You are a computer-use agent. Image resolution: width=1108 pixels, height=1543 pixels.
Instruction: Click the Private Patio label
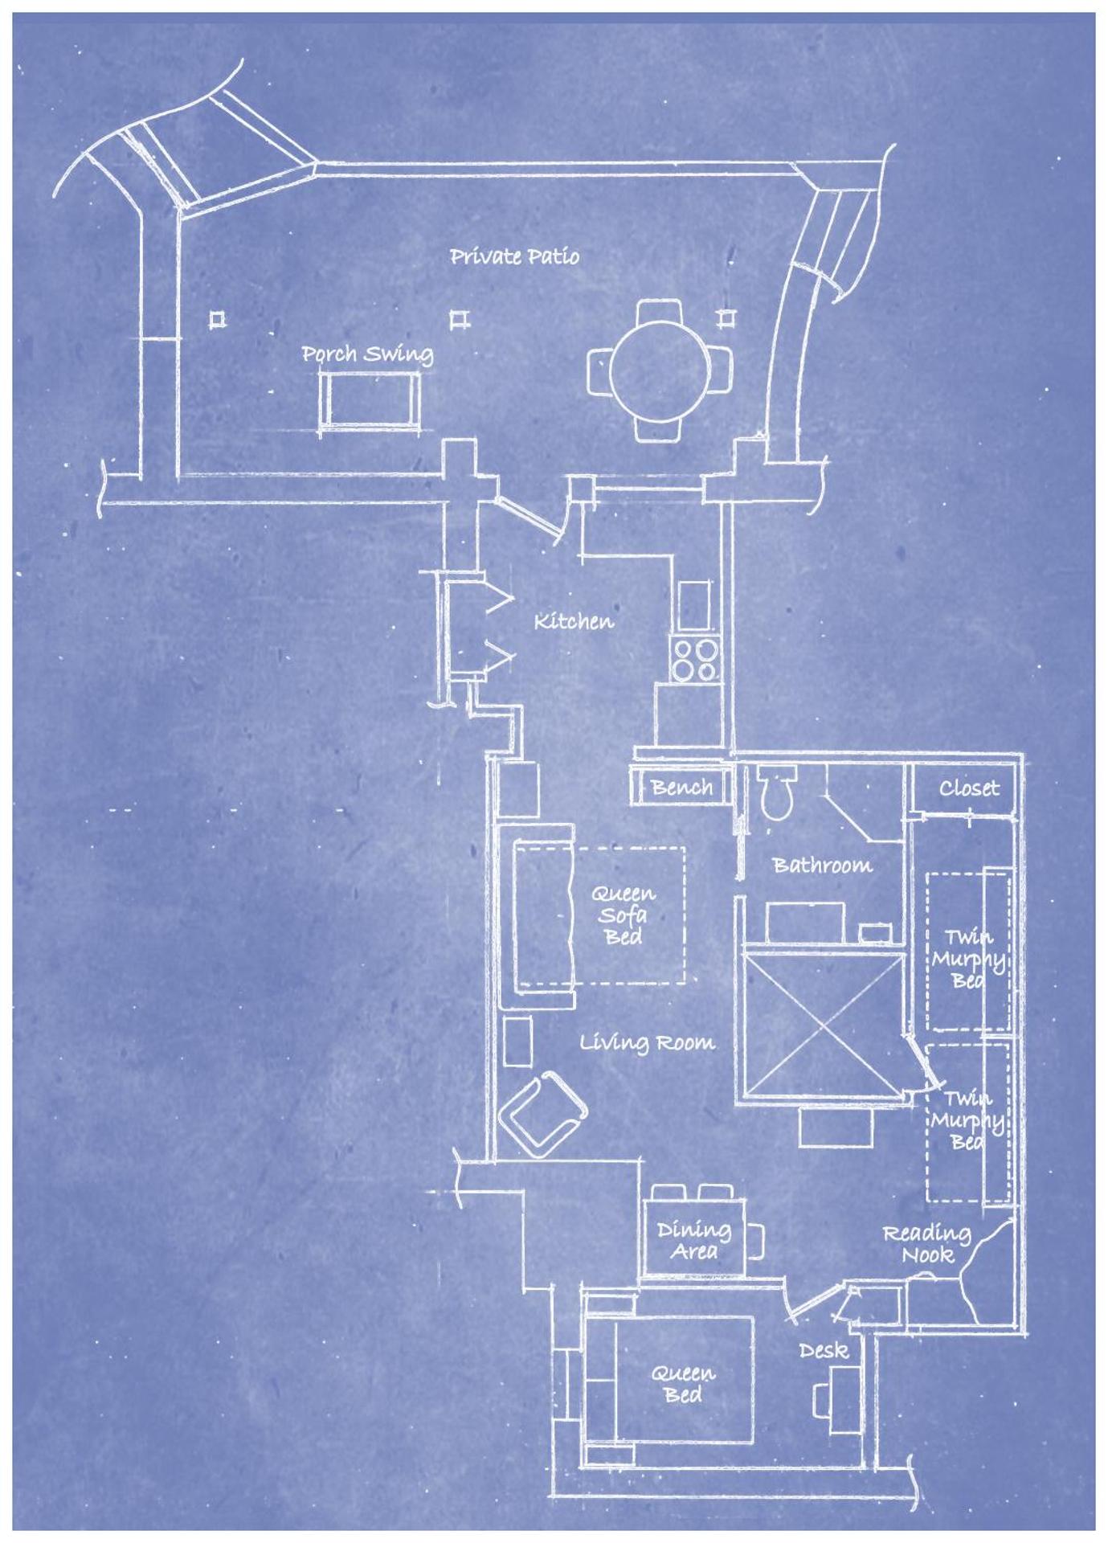pos(514,256)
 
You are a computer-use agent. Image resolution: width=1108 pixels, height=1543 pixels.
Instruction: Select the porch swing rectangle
pos(369,400)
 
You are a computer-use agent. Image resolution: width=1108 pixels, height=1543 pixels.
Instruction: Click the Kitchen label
pos(574,621)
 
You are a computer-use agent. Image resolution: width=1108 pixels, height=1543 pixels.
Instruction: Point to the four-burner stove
pos(696,659)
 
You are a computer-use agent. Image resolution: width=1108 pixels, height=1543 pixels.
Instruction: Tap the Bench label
pos(681,787)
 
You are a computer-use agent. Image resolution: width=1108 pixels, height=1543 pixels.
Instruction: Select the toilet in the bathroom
pos(777,792)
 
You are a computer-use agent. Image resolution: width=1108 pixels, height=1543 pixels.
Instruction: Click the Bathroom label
pos(822,866)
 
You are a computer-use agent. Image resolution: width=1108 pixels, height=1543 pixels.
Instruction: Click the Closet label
pos(969,788)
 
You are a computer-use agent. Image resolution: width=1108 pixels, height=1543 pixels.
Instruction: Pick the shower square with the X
pos(824,1023)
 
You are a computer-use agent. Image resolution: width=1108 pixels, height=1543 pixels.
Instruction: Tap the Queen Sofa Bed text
pos(624,915)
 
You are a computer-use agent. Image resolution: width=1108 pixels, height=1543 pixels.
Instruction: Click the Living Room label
pos(647,1043)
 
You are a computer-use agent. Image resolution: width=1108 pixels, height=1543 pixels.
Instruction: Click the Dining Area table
pos(693,1240)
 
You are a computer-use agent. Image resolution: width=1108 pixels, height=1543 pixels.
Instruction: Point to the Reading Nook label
pos(926,1244)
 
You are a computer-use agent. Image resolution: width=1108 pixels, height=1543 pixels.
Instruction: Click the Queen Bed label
pos(682,1384)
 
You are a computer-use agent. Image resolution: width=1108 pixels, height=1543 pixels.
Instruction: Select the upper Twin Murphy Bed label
pos(968,958)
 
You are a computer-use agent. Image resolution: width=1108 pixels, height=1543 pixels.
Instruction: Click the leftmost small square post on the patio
pos(217,320)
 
